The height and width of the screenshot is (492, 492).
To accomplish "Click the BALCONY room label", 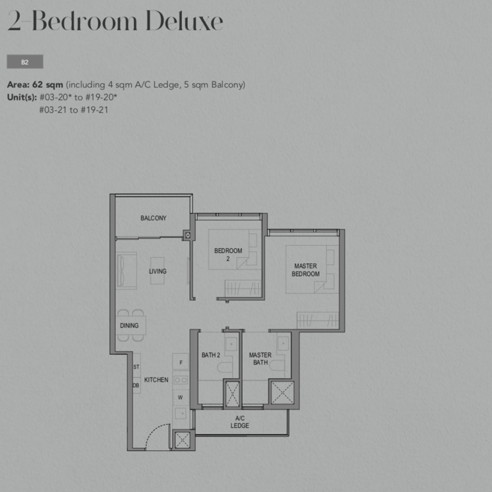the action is pyautogui.click(x=153, y=218).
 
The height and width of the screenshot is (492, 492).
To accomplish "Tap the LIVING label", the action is pyautogui.click(x=158, y=271).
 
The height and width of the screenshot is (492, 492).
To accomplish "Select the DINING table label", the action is pyautogui.click(x=129, y=325).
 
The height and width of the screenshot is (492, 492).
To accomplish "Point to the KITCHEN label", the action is pyautogui.click(x=156, y=380).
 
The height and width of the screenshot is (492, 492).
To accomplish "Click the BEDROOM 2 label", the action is pyautogui.click(x=228, y=254).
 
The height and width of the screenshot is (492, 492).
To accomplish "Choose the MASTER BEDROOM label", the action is pyautogui.click(x=306, y=270).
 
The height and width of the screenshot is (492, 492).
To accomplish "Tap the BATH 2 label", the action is pyautogui.click(x=211, y=355).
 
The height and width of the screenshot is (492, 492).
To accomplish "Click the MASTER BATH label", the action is pyautogui.click(x=260, y=359).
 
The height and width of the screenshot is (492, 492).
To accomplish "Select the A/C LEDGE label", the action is pyautogui.click(x=240, y=422).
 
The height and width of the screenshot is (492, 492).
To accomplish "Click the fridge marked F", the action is pyautogui.click(x=181, y=362).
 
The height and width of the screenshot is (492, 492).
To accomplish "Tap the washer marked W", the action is pyautogui.click(x=181, y=397).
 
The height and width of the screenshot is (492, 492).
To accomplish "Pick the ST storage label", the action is pyautogui.click(x=136, y=367).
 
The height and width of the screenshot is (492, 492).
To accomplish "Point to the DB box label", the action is pyautogui.click(x=136, y=385).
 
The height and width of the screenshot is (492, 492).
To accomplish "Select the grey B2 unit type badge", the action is pyautogui.click(x=25, y=61).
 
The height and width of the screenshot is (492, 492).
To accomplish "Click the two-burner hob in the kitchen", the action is pyautogui.click(x=181, y=380).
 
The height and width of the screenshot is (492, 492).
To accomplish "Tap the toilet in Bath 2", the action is pyautogui.click(x=225, y=367).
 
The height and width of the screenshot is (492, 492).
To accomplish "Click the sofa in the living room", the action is pyautogui.click(x=127, y=270).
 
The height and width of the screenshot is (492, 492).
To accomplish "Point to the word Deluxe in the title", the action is pyautogui.click(x=184, y=21).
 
